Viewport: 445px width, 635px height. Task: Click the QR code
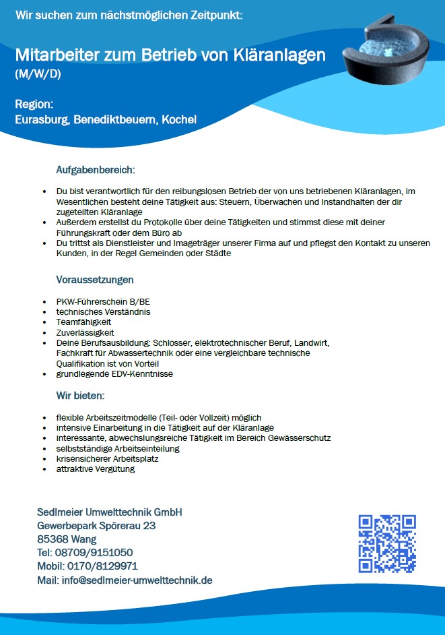pos(386,543)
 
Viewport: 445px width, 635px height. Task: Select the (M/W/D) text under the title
pos(38,73)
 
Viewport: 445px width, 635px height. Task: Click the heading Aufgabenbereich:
pos(96,169)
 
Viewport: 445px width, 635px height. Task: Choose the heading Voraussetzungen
pos(95,279)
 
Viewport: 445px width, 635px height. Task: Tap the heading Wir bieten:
pos(80,394)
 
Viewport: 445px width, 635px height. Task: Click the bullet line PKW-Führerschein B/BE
pos(103,301)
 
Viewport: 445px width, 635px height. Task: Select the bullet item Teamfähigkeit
pos(83,322)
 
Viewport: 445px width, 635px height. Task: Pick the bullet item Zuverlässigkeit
pos(85,332)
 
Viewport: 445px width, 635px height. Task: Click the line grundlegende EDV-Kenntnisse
pos(114,373)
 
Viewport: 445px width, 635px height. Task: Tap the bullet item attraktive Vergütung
pos(95,469)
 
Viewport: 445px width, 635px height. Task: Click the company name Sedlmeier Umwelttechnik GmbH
pos(109,512)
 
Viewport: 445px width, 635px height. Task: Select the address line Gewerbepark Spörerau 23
pos(96,526)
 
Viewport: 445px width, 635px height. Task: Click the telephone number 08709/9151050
pos(94,553)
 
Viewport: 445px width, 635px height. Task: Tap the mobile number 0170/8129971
pos(102,566)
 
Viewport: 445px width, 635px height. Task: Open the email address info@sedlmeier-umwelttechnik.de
pos(137,580)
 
